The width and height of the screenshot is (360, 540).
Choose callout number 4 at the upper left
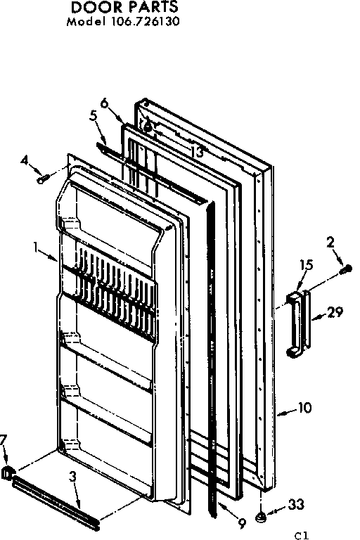(x=25, y=161)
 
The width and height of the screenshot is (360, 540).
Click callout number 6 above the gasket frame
(x=105, y=102)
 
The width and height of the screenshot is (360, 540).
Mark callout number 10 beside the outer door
(x=305, y=408)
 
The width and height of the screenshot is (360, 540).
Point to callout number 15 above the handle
(x=305, y=266)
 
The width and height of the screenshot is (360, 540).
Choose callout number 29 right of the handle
(x=335, y=312)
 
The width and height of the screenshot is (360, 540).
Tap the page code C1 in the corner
(x=302, y=534)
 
